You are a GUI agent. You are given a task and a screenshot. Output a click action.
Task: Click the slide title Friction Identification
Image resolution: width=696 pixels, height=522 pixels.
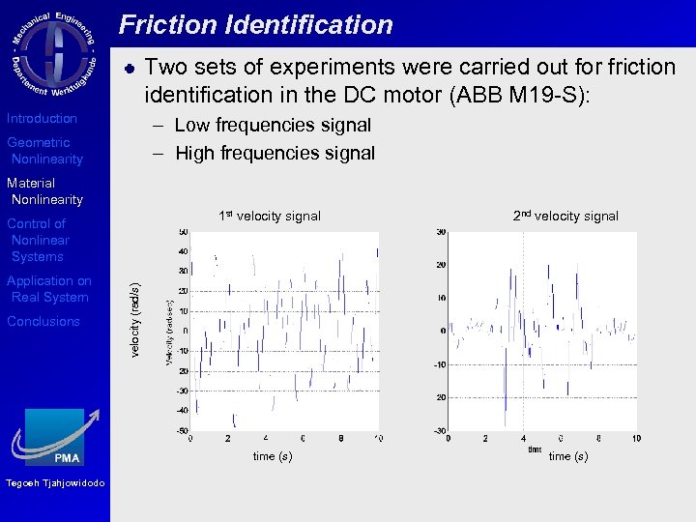256,25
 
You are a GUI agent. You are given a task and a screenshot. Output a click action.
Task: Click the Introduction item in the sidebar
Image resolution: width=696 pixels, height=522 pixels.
42,118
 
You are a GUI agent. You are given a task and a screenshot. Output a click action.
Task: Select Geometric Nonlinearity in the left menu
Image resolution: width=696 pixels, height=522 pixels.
45,151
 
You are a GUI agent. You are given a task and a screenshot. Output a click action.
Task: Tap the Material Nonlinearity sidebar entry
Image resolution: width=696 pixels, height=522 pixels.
45,191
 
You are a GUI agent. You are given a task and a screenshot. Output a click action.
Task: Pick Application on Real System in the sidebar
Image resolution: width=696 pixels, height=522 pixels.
48,289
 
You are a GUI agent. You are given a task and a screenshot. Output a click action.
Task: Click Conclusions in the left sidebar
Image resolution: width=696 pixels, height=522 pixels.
43,321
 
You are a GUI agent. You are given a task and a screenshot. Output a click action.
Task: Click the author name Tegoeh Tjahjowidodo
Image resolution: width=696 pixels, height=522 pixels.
55,483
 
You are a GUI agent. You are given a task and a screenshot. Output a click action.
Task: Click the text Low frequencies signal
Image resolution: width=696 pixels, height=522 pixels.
273,125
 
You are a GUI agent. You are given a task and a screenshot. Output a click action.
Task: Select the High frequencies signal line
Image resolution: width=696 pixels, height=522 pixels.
275,153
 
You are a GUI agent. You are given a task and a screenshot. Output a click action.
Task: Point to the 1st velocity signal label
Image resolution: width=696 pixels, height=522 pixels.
269,216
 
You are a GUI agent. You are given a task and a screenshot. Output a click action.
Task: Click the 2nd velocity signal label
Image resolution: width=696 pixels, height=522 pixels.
565,216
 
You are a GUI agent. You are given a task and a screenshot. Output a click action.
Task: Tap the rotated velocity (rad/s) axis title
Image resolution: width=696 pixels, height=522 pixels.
135,319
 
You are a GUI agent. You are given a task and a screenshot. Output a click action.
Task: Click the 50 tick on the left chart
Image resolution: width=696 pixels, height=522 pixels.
183,232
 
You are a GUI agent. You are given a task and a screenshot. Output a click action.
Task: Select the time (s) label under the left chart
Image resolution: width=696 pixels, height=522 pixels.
272,455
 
